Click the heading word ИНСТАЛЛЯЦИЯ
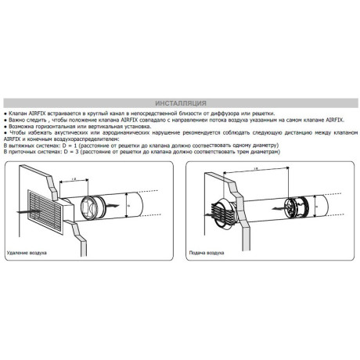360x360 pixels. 181,103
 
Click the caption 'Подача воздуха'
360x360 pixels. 208,253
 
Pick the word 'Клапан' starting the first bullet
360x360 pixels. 17,113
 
